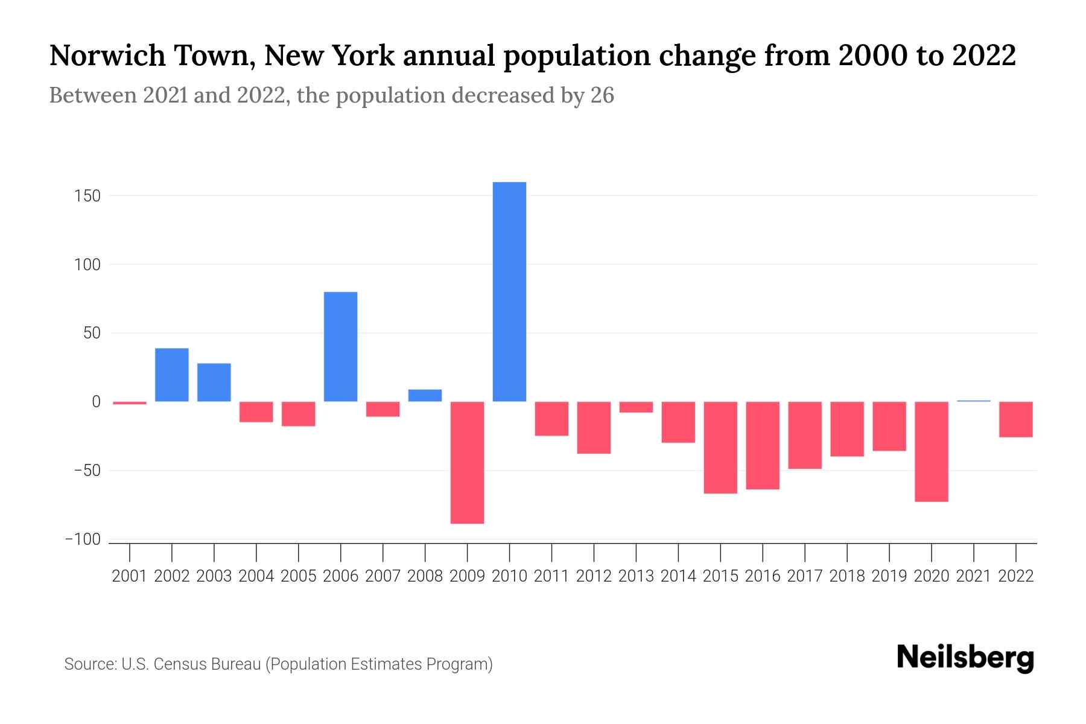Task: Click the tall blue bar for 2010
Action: tap(509, 291)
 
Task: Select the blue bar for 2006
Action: tap(340, 346)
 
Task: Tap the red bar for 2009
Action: tap(467, 462)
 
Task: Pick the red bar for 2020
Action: tap(931, 451)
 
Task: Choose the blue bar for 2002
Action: tap(171, 375)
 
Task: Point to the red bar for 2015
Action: tap(720, 447)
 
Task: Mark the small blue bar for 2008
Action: tap(425, 395)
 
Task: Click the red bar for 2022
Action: tap(1015, 419)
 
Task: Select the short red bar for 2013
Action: tap(636, 407)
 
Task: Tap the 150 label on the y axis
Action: tap(88, 196)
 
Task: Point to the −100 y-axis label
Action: tap(83, 539)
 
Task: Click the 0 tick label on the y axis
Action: tap(96, 402)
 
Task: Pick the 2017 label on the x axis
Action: tap(804, 576)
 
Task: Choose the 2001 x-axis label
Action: tap(130, 576)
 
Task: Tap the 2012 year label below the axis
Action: tap(594, 576)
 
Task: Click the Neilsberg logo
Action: tap(965, 657)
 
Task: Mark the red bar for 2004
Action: tap(256, 411)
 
